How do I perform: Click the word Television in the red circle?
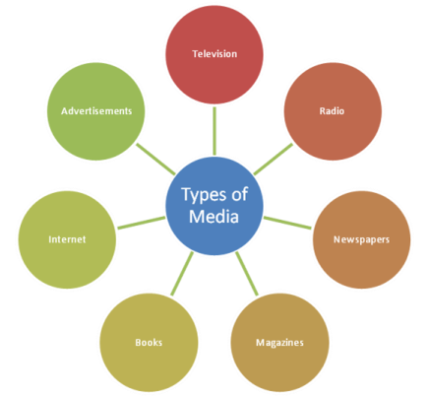point(214,54)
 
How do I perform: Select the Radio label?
point(332,111)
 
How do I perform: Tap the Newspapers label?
point(361,239)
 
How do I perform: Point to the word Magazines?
point(279,343)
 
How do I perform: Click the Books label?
point(149,343)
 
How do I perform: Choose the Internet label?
point(67,239)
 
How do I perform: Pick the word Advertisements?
point(96,111)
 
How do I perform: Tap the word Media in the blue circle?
point(214,217)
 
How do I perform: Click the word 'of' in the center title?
point(239,194)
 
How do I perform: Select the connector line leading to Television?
point(214,131)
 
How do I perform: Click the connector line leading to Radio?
point(274,159)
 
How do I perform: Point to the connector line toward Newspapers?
point(287,223)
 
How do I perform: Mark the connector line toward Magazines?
point(247,274)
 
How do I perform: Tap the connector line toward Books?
point(182,274)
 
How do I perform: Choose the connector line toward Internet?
point(142,223)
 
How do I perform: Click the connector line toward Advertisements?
point(155,159)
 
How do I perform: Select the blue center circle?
point(214,206)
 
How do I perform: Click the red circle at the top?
point(214,54)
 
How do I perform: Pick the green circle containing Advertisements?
point(96,111)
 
